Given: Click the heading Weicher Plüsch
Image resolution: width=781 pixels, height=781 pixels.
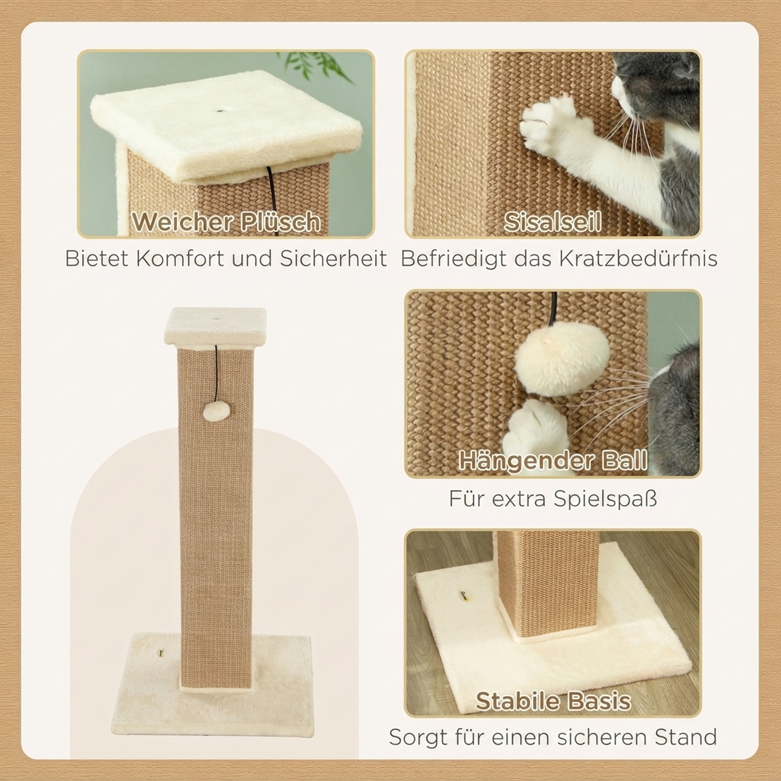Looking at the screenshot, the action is click(226, 221).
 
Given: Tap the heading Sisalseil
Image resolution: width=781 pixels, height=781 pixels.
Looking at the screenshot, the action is click(553, 221).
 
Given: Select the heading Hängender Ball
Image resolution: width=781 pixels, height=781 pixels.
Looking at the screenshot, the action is click(553, 461).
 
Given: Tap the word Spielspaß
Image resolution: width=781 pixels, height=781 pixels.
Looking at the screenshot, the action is click(605, 499).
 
